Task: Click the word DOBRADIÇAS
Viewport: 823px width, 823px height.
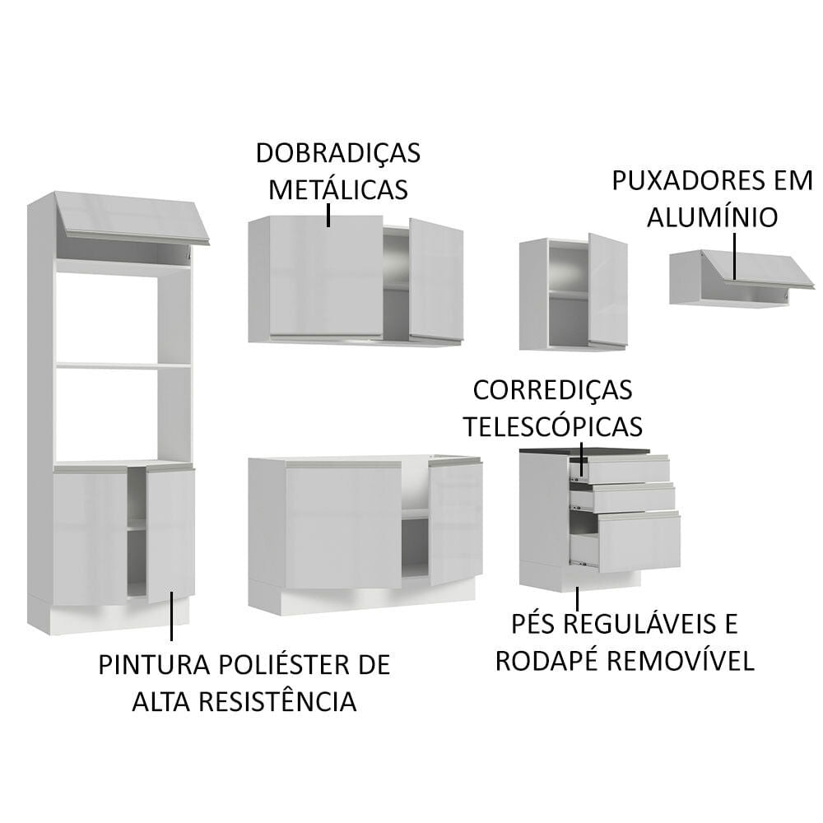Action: (338, 153)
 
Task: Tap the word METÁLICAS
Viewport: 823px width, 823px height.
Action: (338, 189)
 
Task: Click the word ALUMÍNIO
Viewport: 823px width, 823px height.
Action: (712, 217)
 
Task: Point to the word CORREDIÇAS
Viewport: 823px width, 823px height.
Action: (552, 389)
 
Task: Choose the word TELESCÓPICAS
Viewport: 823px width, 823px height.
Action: (552, 426)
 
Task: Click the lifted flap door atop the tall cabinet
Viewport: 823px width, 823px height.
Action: (132, 216)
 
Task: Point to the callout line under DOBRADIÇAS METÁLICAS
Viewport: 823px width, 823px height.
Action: (328, 215)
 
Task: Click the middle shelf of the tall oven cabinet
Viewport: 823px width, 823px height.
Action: (123, 365)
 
